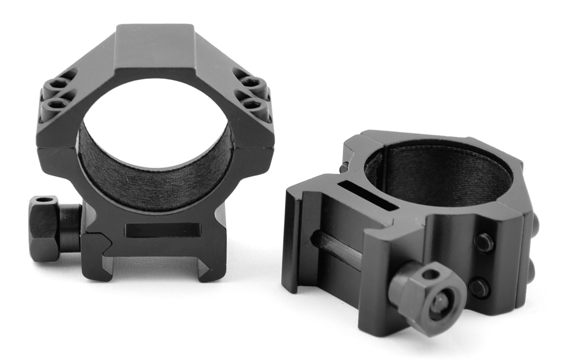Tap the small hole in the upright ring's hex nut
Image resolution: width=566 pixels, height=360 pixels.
tap(44, 200)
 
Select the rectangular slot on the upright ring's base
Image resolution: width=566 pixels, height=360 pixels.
tap(163, 230)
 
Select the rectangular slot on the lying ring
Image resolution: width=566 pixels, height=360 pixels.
tap(368, 196)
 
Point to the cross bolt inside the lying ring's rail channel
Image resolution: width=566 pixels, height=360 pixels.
tap(336, 250)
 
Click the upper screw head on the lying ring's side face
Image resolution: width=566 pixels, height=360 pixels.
tap(484, 242)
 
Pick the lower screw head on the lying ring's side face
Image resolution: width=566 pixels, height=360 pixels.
tap(479, 287)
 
